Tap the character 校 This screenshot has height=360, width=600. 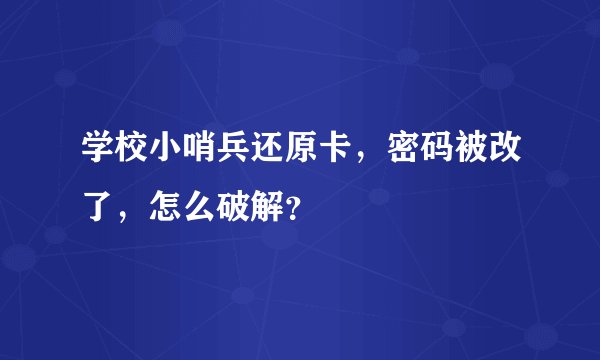pos(130,156)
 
